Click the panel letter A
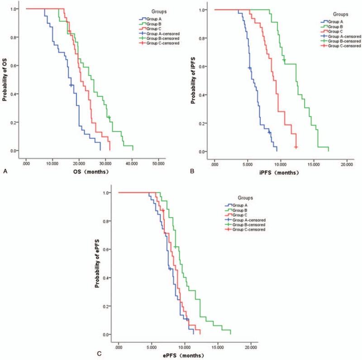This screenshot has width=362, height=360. [4, 171]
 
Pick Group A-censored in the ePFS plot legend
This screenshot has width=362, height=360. [249, 220]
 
